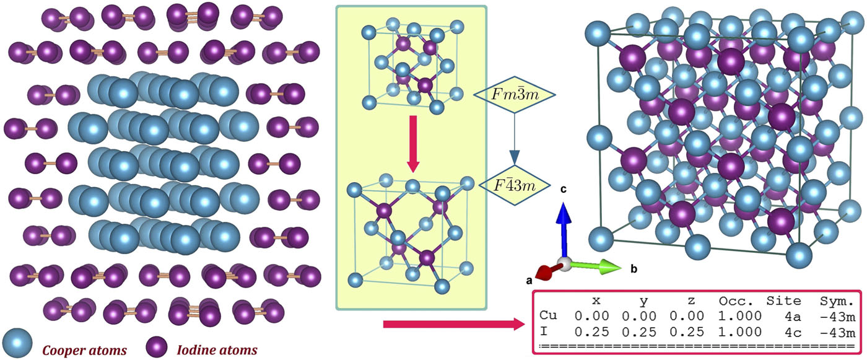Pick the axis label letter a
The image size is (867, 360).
529,280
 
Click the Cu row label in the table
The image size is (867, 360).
547,316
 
